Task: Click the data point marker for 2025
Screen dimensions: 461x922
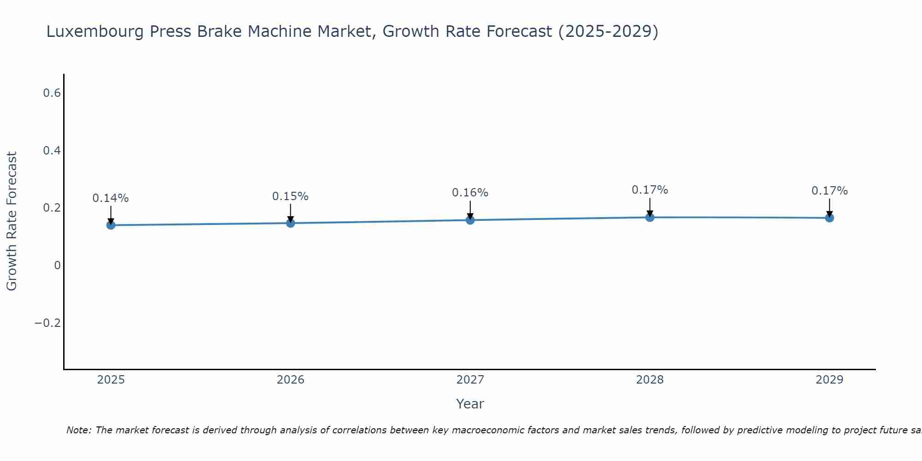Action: pos(111,225)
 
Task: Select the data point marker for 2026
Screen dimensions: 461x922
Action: pos(290,223)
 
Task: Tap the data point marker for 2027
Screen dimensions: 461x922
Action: pos(470,220)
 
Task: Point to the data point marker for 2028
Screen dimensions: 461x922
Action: pos(650,217)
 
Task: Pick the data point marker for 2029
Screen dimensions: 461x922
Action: pos(829,218)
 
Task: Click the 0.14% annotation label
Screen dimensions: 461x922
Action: pos(111,198)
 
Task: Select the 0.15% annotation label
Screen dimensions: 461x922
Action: pos(290,196)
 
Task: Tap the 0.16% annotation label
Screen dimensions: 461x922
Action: pos(470,193)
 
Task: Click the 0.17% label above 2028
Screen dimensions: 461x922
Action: pos(650,190)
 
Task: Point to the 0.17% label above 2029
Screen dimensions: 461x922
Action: pos(829,191)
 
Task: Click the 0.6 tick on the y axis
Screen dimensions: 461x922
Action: pos(52,93)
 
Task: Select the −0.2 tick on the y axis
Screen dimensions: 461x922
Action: pos(47,323)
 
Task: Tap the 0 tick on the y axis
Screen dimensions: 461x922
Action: pos(57,266)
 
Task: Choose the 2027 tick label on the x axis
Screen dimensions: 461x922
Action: pos(470,380)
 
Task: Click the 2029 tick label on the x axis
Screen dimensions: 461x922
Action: pos(829,380)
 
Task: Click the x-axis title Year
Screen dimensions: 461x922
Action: pos(470,404)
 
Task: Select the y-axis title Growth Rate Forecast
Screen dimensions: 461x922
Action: pos(12,221)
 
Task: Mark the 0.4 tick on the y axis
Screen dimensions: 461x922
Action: pos(52,151)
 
